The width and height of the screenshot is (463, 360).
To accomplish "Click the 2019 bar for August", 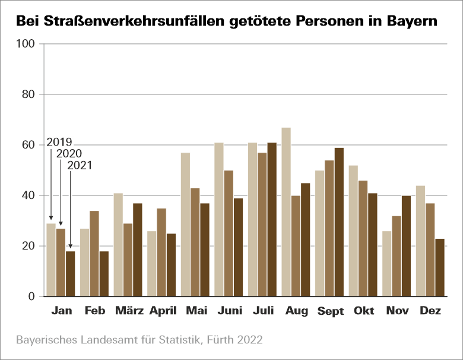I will click(x=286, y=212).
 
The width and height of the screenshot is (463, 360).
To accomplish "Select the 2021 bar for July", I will click(x=272, y=220).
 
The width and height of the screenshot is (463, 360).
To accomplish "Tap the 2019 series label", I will click(x=59, y=142).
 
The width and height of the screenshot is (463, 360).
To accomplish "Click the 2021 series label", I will click(x=80, y=165).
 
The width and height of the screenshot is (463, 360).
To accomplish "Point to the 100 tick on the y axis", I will click(x=27, y=45).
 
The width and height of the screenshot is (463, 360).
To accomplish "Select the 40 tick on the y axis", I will click(x=29, y=196).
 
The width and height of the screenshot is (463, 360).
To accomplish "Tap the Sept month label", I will click(x=331, y=311).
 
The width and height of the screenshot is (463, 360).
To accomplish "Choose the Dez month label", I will click(x=430, y=311).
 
